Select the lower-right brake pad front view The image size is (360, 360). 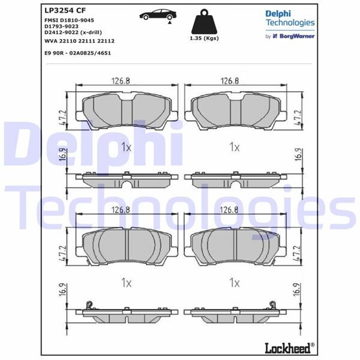(236, 246)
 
